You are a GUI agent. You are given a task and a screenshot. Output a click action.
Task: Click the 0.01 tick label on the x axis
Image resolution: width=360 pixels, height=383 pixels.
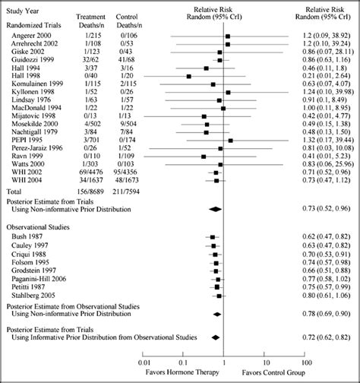click(142, 362)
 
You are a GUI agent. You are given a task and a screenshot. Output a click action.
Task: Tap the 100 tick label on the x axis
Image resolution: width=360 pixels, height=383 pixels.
click(305, 362)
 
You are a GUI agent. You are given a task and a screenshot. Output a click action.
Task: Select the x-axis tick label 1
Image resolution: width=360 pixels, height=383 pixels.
click(223, 362)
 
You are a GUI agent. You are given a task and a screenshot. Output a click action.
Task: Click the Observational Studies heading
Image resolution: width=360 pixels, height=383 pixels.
click(37, 227)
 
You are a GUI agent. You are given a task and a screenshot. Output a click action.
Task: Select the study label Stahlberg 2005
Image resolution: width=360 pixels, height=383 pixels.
click(28, 295)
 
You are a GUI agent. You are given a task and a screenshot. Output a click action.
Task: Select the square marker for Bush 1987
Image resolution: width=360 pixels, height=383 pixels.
click(213, 237)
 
